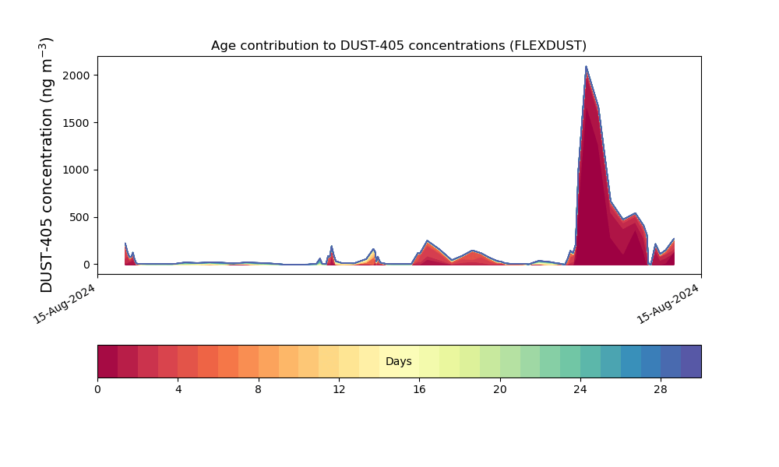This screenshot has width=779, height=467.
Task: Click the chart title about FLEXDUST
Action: [x=399, y=46]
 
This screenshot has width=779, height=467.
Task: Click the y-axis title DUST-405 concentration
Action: [x=47, y=165]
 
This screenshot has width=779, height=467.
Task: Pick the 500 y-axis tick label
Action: [x=79, y=217]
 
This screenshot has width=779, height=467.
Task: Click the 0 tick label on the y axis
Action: [x=86, y=265]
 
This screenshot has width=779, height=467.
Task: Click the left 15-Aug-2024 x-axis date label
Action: [x=65, y=304]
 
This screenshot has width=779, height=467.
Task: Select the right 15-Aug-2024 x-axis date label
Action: [x=668, y=304]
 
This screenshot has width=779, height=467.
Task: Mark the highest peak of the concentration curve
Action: [x=586, y=67]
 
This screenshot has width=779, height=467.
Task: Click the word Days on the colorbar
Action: [x=399, y=362]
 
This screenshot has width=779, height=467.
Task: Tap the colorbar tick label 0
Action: [x=97, y=389]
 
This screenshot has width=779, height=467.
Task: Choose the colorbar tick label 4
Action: [x=178, y=389]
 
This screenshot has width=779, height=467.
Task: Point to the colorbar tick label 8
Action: [x=259, y=389]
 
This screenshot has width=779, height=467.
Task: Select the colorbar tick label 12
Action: [x=339, y=389]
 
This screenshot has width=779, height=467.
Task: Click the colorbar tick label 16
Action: [x=419, y=389]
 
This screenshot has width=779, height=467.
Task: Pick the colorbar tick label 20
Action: [x=500, y=389]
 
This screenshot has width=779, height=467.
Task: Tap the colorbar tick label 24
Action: [x=580, y=389]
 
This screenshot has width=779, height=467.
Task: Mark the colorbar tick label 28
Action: [x=661, y=389]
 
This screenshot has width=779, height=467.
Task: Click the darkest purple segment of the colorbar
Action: [x=691, y=361]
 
